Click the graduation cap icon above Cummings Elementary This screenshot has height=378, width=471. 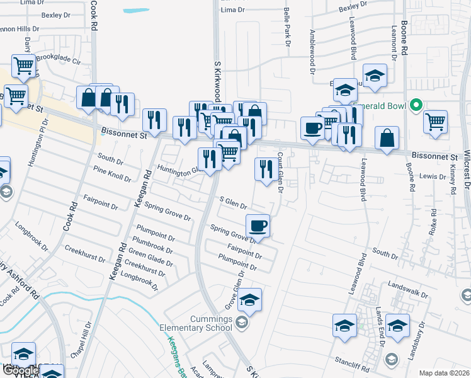point(249,300)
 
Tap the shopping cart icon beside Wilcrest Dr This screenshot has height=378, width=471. point(436,122)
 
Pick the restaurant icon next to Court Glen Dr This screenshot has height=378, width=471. point(265,169)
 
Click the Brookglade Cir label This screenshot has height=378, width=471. point(59,59)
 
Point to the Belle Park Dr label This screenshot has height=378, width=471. point(287,26)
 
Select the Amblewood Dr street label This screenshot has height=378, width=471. point(311,48)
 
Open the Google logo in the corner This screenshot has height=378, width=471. point(20,370)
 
